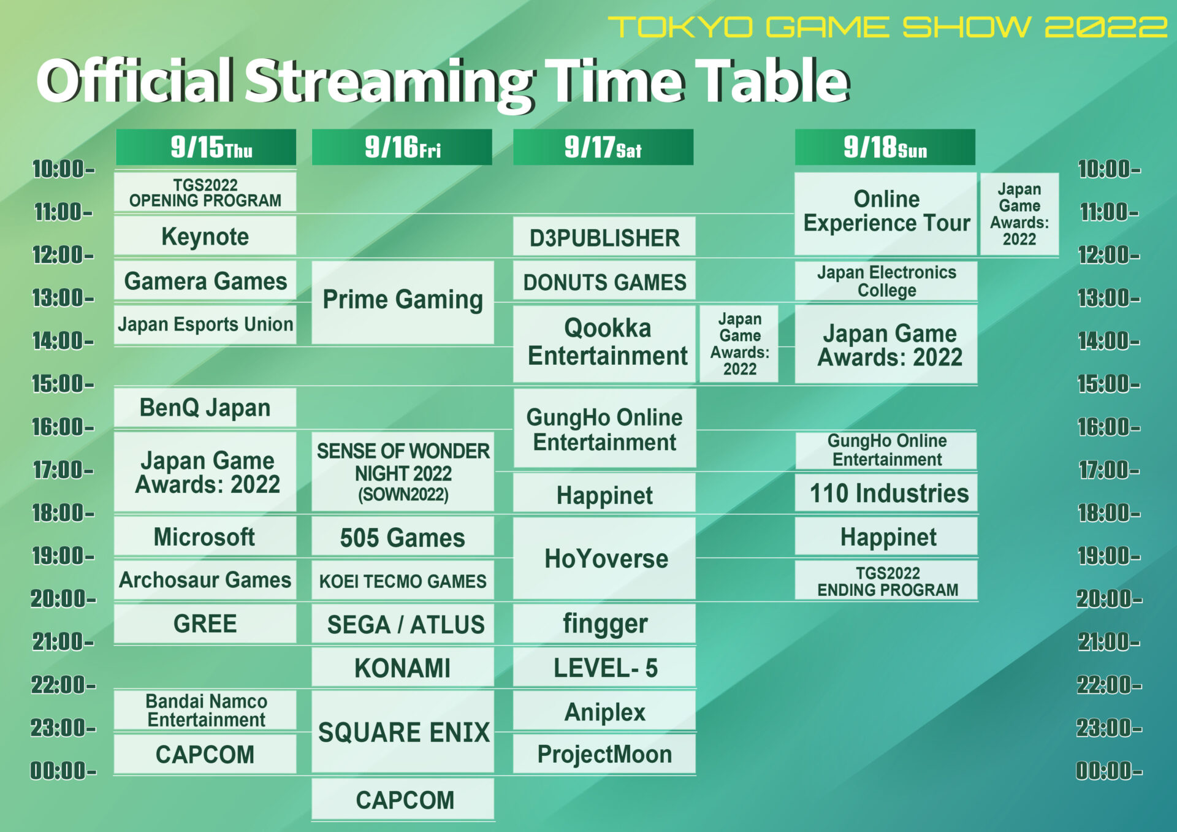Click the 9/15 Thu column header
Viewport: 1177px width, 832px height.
click(x=206, y=147)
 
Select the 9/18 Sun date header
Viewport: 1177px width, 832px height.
click(x=885, y=147)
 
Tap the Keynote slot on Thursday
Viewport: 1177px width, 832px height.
click(x=205, y=236)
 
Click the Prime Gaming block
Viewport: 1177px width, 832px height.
click(x=403, y=300)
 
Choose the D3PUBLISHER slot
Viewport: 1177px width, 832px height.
click(x=604, y=237)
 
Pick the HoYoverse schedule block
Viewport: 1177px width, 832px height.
click(x=604, y=559)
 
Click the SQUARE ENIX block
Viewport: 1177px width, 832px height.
click(x=403, y=731)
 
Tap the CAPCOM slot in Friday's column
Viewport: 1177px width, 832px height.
click(x=403, y=800)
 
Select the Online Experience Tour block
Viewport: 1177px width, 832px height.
click(x=886, y=212)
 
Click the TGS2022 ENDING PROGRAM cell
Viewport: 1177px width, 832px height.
click(x=886, y=581)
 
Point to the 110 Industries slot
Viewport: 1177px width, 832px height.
click(x=886, y=493)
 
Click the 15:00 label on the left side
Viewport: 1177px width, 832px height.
click(x=63, y=384)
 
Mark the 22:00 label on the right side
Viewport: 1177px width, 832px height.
click(x=1109, y=685)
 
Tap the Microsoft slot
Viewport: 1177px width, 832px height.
click(x=205, y=536)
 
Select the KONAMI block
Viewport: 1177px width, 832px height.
click(x=403, y=668)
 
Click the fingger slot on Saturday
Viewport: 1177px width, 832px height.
click(x=604, y=624)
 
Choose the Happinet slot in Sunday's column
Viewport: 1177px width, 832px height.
click(x=886, y=537)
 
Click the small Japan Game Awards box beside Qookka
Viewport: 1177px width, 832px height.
click(x=739, y=343)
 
